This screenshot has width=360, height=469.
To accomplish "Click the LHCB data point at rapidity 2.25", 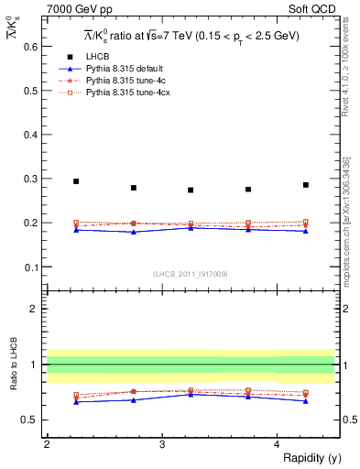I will [x=76, y=181].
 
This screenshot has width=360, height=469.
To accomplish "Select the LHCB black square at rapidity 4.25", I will [x=306, y=185].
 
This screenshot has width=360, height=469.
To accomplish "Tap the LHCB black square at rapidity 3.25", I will [x=191, y=190].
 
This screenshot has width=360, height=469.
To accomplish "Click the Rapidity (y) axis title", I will [x=308, y=458].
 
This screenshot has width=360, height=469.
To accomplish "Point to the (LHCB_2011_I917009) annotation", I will [x=191, y=274].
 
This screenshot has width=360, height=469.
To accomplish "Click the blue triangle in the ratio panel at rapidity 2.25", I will [x=76, y=401].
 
